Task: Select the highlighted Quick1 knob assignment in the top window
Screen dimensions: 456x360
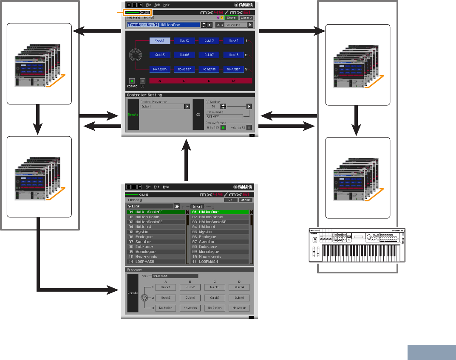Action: coord(160,41)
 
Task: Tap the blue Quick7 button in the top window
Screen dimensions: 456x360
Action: coord(209,55)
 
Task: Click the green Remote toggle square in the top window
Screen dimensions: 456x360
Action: coord(132,80)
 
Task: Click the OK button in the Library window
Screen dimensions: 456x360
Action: coord(230,200)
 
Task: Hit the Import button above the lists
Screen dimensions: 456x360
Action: coord(197,206)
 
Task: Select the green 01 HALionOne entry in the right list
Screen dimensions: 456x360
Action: coord(219,212)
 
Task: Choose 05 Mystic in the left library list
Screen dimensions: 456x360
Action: coord(156,232)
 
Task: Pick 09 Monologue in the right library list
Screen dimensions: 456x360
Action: coord(219,252)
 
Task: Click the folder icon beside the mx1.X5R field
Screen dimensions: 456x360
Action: coord(182,206)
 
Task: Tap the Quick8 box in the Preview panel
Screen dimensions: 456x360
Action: coord(239,298)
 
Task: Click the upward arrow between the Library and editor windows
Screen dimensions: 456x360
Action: coord(186,161)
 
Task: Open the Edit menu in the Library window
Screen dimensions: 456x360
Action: coord(157,187)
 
